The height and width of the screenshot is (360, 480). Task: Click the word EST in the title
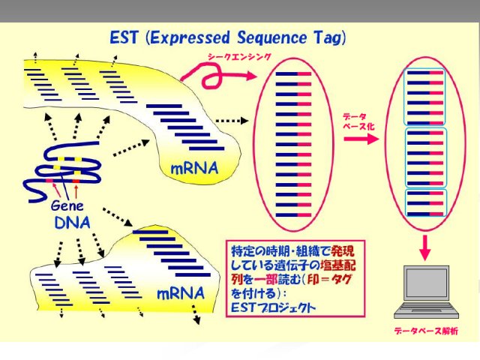[124, 37]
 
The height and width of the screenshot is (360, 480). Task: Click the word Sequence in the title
[271, 38]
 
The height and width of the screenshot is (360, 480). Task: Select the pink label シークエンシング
[240, 57]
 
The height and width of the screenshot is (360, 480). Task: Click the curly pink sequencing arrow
[214, 75]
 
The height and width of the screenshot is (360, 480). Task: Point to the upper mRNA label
[195, 168]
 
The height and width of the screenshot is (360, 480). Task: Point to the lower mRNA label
[180, 293]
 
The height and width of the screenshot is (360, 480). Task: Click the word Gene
[67, 205]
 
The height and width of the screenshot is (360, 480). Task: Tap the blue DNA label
[73, 223]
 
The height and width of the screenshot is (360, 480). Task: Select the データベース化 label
[358, 121]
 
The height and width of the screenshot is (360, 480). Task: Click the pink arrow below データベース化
[361, 139]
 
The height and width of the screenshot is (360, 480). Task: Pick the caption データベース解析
[426, 331]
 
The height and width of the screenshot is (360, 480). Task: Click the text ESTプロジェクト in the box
[273, 307]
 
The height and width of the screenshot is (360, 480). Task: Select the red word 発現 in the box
[343, 251]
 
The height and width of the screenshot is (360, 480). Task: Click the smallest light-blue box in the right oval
[426, 202]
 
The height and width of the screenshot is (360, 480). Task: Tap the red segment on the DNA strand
[76, 181]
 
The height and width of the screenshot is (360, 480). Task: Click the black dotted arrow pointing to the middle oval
[232, 121]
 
